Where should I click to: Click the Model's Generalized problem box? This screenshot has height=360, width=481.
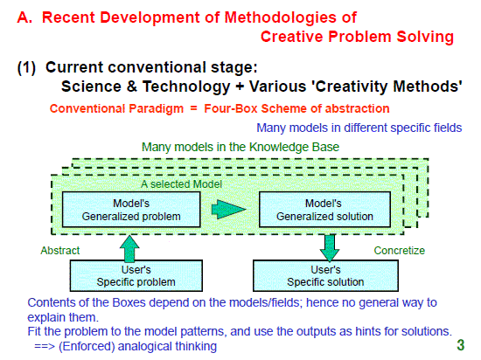click(x=131, y=210)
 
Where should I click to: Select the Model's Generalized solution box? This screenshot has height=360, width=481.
click(x=324, y=210)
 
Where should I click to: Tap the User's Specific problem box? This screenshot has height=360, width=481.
click(x=136, y=276)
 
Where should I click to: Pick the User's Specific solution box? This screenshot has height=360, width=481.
click(x=325, y=276)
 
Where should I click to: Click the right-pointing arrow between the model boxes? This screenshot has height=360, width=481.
click(x=228, y=210)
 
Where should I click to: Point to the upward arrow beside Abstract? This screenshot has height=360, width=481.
click(x=129, y=248)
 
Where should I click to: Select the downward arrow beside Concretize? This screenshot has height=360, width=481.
click(x=330, y=248)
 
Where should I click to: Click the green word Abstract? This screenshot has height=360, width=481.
click(x=60, y=251)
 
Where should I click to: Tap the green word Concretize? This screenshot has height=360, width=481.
click(x=400, y=251)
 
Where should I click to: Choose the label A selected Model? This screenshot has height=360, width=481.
click(x=181, y=184)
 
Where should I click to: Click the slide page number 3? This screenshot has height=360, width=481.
click(x=460, y=345)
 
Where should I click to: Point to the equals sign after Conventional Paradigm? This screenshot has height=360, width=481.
click(x=193, y=108)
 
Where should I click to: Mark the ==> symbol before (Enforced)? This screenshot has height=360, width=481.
click(x=45, y=347)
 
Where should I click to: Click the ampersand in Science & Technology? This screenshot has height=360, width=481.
click(x=131, y=87)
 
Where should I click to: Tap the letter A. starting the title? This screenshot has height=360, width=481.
click(x=24, y=17)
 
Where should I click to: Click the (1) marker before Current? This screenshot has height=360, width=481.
click(x=27, y=67)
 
